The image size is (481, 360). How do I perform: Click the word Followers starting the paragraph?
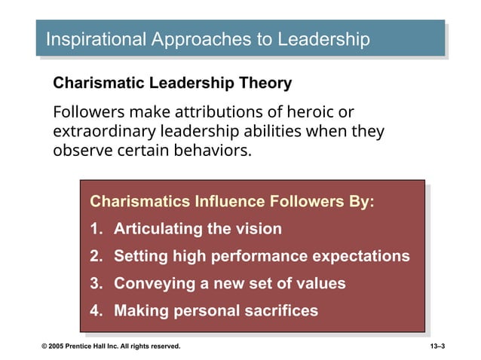(90, 112)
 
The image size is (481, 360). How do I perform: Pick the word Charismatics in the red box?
(140, 202)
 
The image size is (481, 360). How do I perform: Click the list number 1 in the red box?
(95, 229)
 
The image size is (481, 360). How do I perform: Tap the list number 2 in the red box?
(95, 256)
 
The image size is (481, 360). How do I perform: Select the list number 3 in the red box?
(95, 284)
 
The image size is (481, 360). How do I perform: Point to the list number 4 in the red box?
(95, 310)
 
